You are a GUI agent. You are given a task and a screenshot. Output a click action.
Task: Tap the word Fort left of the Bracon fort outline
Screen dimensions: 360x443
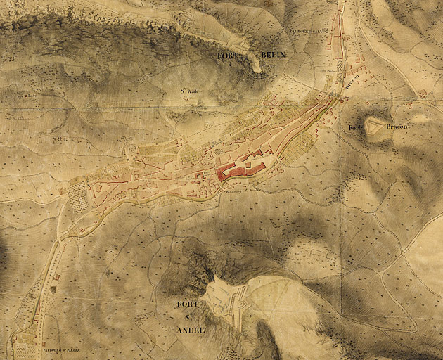point(355,127)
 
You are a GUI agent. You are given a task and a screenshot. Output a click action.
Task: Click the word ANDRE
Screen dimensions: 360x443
point(191,330)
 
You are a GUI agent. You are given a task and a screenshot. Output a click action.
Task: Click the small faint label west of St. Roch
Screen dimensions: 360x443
point(29,91)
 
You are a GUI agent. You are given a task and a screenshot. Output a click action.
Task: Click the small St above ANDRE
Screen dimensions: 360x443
point(190,317)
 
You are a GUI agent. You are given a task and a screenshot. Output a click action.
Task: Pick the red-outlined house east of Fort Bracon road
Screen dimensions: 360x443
point(365,82)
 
